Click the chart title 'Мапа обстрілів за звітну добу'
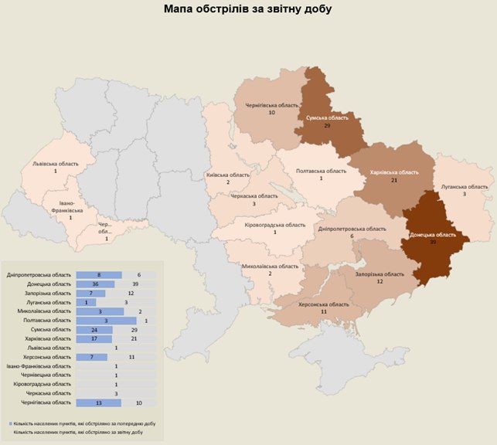(248, 9)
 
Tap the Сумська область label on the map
(328, 118)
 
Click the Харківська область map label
(394, 172)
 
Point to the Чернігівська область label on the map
(271, 104)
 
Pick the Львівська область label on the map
(56, 164)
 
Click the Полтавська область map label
(322, 171)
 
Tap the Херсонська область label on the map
(324, 304)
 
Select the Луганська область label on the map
(465, 186)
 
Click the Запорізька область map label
(380, 273)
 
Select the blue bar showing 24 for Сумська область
(94, 329)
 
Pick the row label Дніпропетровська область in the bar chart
(39, 275)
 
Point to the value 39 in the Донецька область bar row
(136, 284)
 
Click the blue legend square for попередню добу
(12, 424)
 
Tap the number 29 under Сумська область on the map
(328, 125)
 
